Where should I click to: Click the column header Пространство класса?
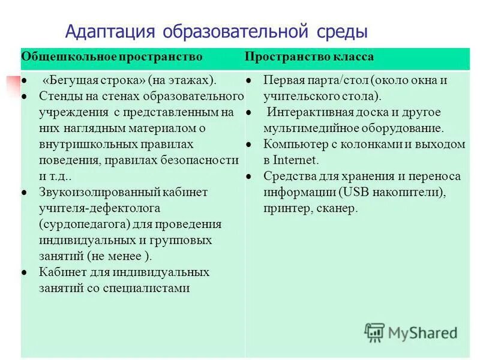point(309,57)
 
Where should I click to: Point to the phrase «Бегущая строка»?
point(91,80)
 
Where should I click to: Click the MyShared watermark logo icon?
point(375,332)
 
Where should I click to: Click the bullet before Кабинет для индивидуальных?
point(24,272)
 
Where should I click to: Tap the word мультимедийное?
point(305,128)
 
